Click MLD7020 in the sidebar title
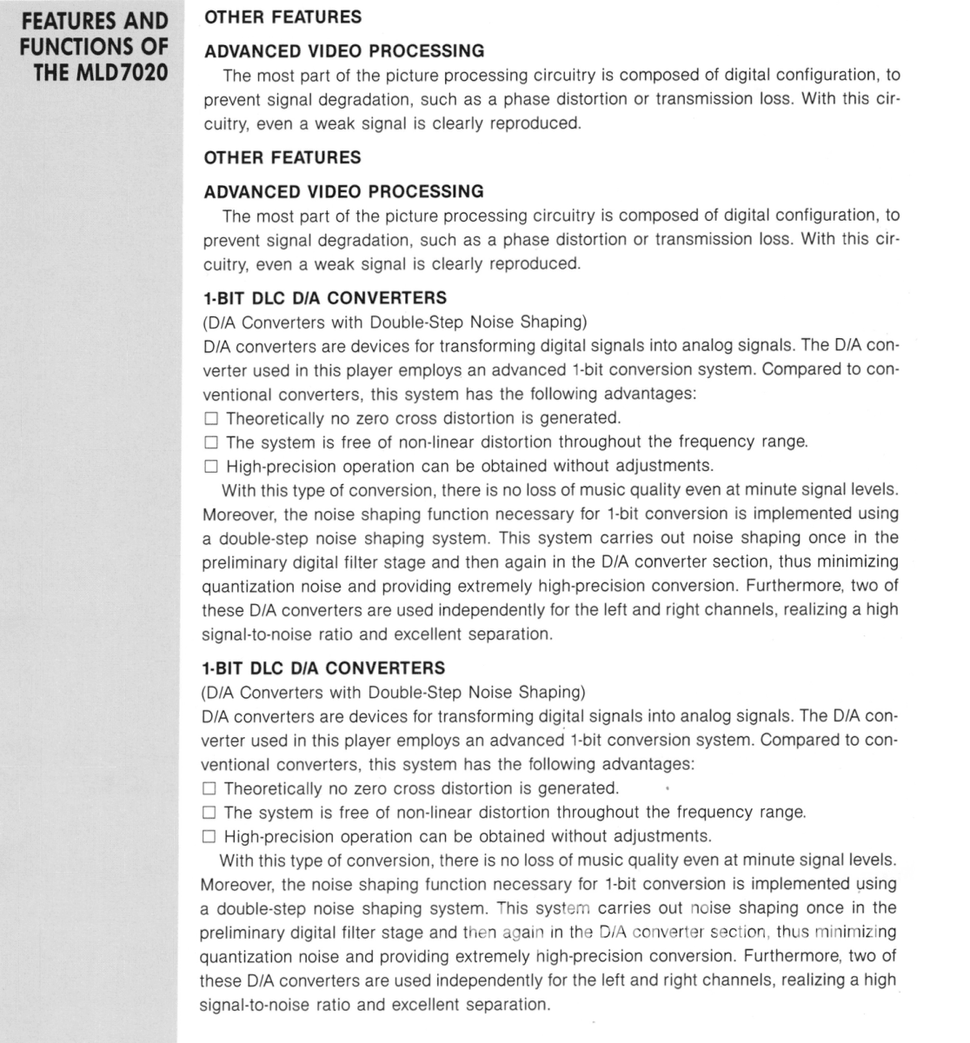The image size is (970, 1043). click(123, 72)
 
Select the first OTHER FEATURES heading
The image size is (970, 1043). click(282, 17)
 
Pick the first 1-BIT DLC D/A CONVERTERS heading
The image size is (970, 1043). click(323, 297)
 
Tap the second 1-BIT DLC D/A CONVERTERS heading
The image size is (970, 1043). click(322, 668)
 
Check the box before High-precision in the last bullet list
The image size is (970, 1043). click(208, 837)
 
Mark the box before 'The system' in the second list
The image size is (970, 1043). click(208, 814)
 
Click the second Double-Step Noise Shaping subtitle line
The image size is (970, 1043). click(393, 693)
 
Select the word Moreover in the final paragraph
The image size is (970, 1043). click(234, 885)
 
